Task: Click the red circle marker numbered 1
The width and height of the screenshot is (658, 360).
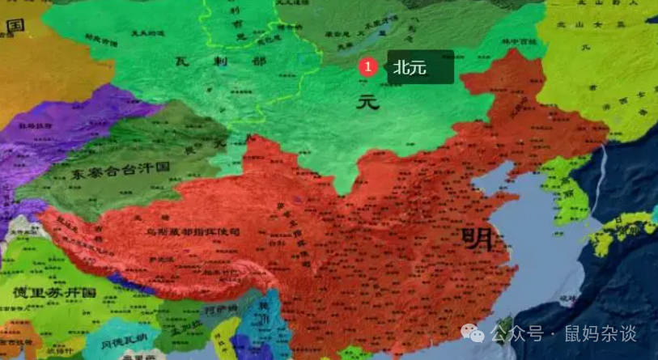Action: coord(368,67)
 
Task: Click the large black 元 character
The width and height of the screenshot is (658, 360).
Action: coord(368,102)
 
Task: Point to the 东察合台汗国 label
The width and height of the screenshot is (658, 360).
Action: coord(118,172)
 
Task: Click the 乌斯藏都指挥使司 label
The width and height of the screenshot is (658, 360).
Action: coord(193,232)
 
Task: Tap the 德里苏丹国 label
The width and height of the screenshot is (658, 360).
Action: coord(54,291)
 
